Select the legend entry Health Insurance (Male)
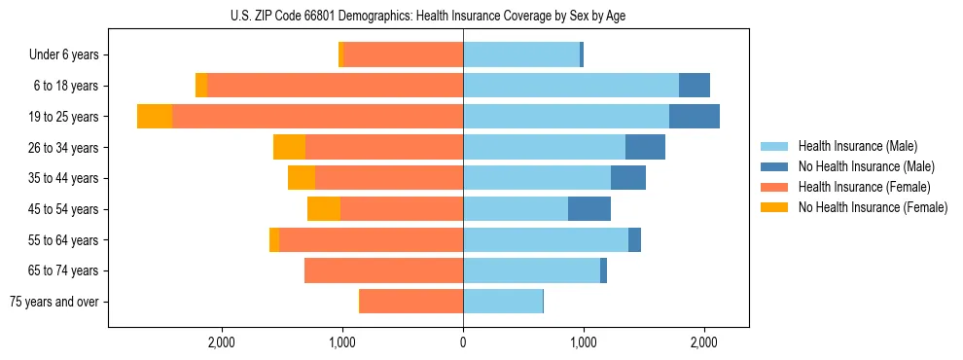(857, 146)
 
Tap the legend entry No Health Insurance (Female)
(873, 207)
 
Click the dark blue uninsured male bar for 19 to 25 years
(695, 117)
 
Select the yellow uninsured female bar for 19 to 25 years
(155, 117)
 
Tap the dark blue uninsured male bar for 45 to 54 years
(589, 208)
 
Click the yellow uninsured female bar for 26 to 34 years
(289, 147)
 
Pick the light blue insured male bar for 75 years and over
(503, 302)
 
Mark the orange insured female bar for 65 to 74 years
(383, 270)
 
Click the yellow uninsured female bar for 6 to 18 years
(201, 86)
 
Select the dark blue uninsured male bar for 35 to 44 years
(628, 178)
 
